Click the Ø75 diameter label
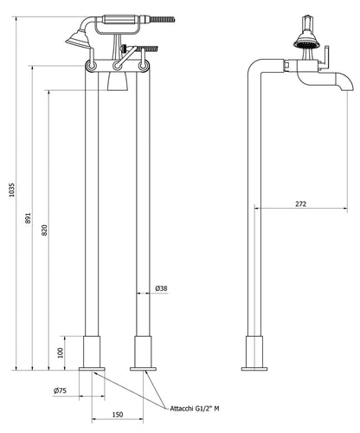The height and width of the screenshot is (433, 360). pos(60,391)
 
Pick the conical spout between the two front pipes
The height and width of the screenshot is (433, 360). pos(117,80)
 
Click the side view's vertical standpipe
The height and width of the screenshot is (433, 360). pos(254,216)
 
